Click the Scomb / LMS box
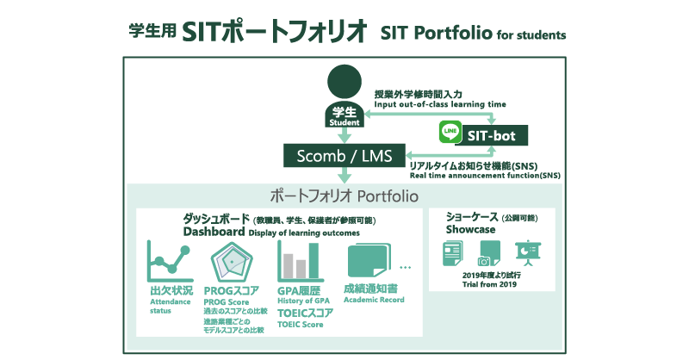(x=344, y=156)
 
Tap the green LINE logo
(x=450, y=132)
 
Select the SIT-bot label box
(x=491, y=135)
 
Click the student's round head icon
(x=344, y=82)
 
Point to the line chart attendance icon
(x=171, y=262)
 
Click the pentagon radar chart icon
(x=232, y=263)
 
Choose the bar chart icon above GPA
(x=301, y=262)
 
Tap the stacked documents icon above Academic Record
(x=369, y=261)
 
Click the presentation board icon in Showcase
(x=528, y=253)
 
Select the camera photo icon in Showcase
(x=489, y=253)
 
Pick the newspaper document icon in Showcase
(x=453, y=253)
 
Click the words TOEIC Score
(x=300, y=325)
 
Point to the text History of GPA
(x=303, y=301)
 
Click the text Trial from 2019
(x=489, y=284)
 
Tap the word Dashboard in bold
(x=214, y=232)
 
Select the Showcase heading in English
(x=470, y=229)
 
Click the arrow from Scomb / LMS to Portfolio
(x=344, y=175)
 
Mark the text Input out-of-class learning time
(x=440, y=104)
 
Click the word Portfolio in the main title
(x=453, y=33)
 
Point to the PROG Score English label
(x=227, y=302)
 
